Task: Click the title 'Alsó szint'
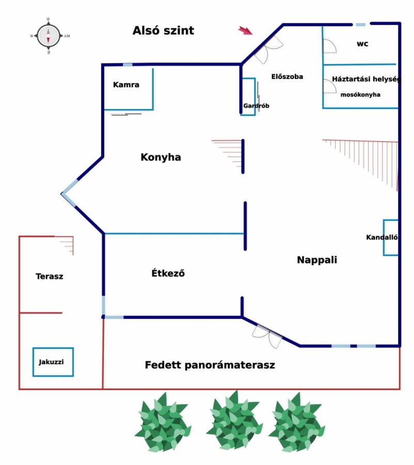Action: coord(163,30)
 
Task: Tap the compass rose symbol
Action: coord(49,36)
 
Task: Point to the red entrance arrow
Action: coord(245,30)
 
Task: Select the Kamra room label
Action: coord(126,85)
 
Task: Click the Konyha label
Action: coord(161,157)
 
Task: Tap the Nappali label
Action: coord(317,260)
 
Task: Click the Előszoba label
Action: coord(287,76)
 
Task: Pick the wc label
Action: coord(362,44)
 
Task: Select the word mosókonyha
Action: coord(360,95)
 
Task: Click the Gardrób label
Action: coord(256,105)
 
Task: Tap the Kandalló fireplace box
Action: coord(391,238)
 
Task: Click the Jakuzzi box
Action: coord(53,362)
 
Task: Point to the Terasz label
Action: coord(50,276)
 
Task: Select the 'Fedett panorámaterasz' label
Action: coord(210,365)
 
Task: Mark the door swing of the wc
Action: coord(329,46)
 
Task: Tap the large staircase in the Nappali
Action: coord(360,165)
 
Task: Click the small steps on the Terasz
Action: coord(66,245)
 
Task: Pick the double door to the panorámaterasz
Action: coord(267,336)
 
